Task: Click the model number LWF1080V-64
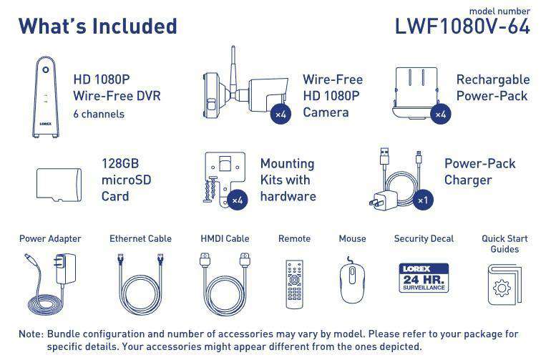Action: (462, 26)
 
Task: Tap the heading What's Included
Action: (98, 26)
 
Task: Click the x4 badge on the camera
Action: (281, 114)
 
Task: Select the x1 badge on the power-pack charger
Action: (423, 200)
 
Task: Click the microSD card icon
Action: (59, 185)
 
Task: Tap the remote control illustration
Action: (295, 284)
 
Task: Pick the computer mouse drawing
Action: (352, 281)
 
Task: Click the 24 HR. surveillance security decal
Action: (424, 278)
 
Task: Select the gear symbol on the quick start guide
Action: (502, 288)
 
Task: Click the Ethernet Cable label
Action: (141, 239)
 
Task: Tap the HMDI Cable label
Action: (225, 239)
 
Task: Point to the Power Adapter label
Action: (50, 239)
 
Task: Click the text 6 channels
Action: (99, 115)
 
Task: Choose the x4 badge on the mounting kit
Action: (238, 200)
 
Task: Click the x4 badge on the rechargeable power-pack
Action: (441, 114)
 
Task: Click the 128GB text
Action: (120, 163)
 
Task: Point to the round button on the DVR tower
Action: (46, 70)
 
